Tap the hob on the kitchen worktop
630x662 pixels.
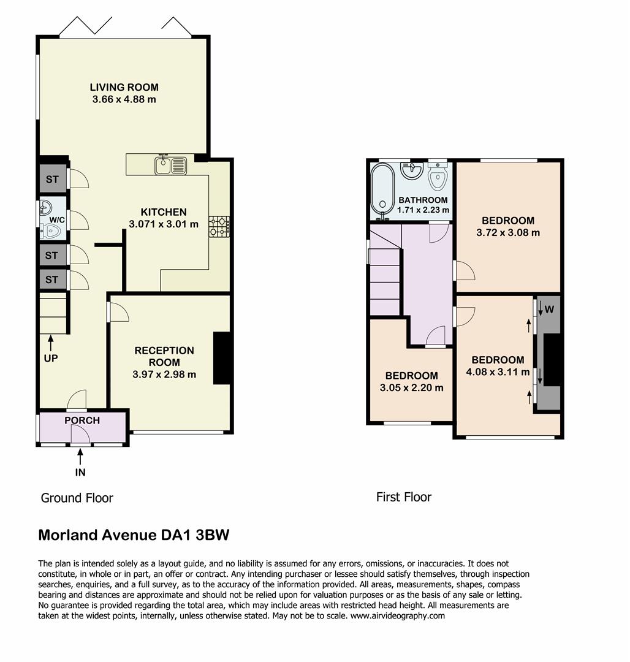pyautogui.click(x=219, y=226)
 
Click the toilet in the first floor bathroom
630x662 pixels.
pyautogui.click(x=438, y=178)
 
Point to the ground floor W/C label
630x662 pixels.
pyautogui.click(x=58, y=219)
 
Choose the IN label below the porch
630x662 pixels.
pyautogui.click(x=80, y=472)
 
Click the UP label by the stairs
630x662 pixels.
pyautogui.click(x=51, y=358)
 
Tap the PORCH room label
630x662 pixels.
pyautogui.click(x=82, y=420)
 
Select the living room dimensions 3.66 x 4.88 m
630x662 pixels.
pyautogui.click(x=124, y=99)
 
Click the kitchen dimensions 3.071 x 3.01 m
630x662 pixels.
pyautogui.click(x=164, y=224)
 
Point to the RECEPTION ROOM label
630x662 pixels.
pyautogui.click(x=164, y=357)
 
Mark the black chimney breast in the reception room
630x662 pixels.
pyautogui.click(x=221, y=358)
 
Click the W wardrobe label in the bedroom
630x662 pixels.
pyautogui.click(x=550, y=310)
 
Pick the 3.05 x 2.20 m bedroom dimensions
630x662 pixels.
pyautogui.click(x=411, y=388)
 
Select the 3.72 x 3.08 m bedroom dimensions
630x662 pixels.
pyautogui.click(x=508, y=233)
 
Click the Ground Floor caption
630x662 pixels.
pyautogui.click(x=77, y=498)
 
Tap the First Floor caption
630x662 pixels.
pyautogui.click(x=404, y=497)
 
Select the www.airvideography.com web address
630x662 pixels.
pyautogui.click(x=397, y=615)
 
